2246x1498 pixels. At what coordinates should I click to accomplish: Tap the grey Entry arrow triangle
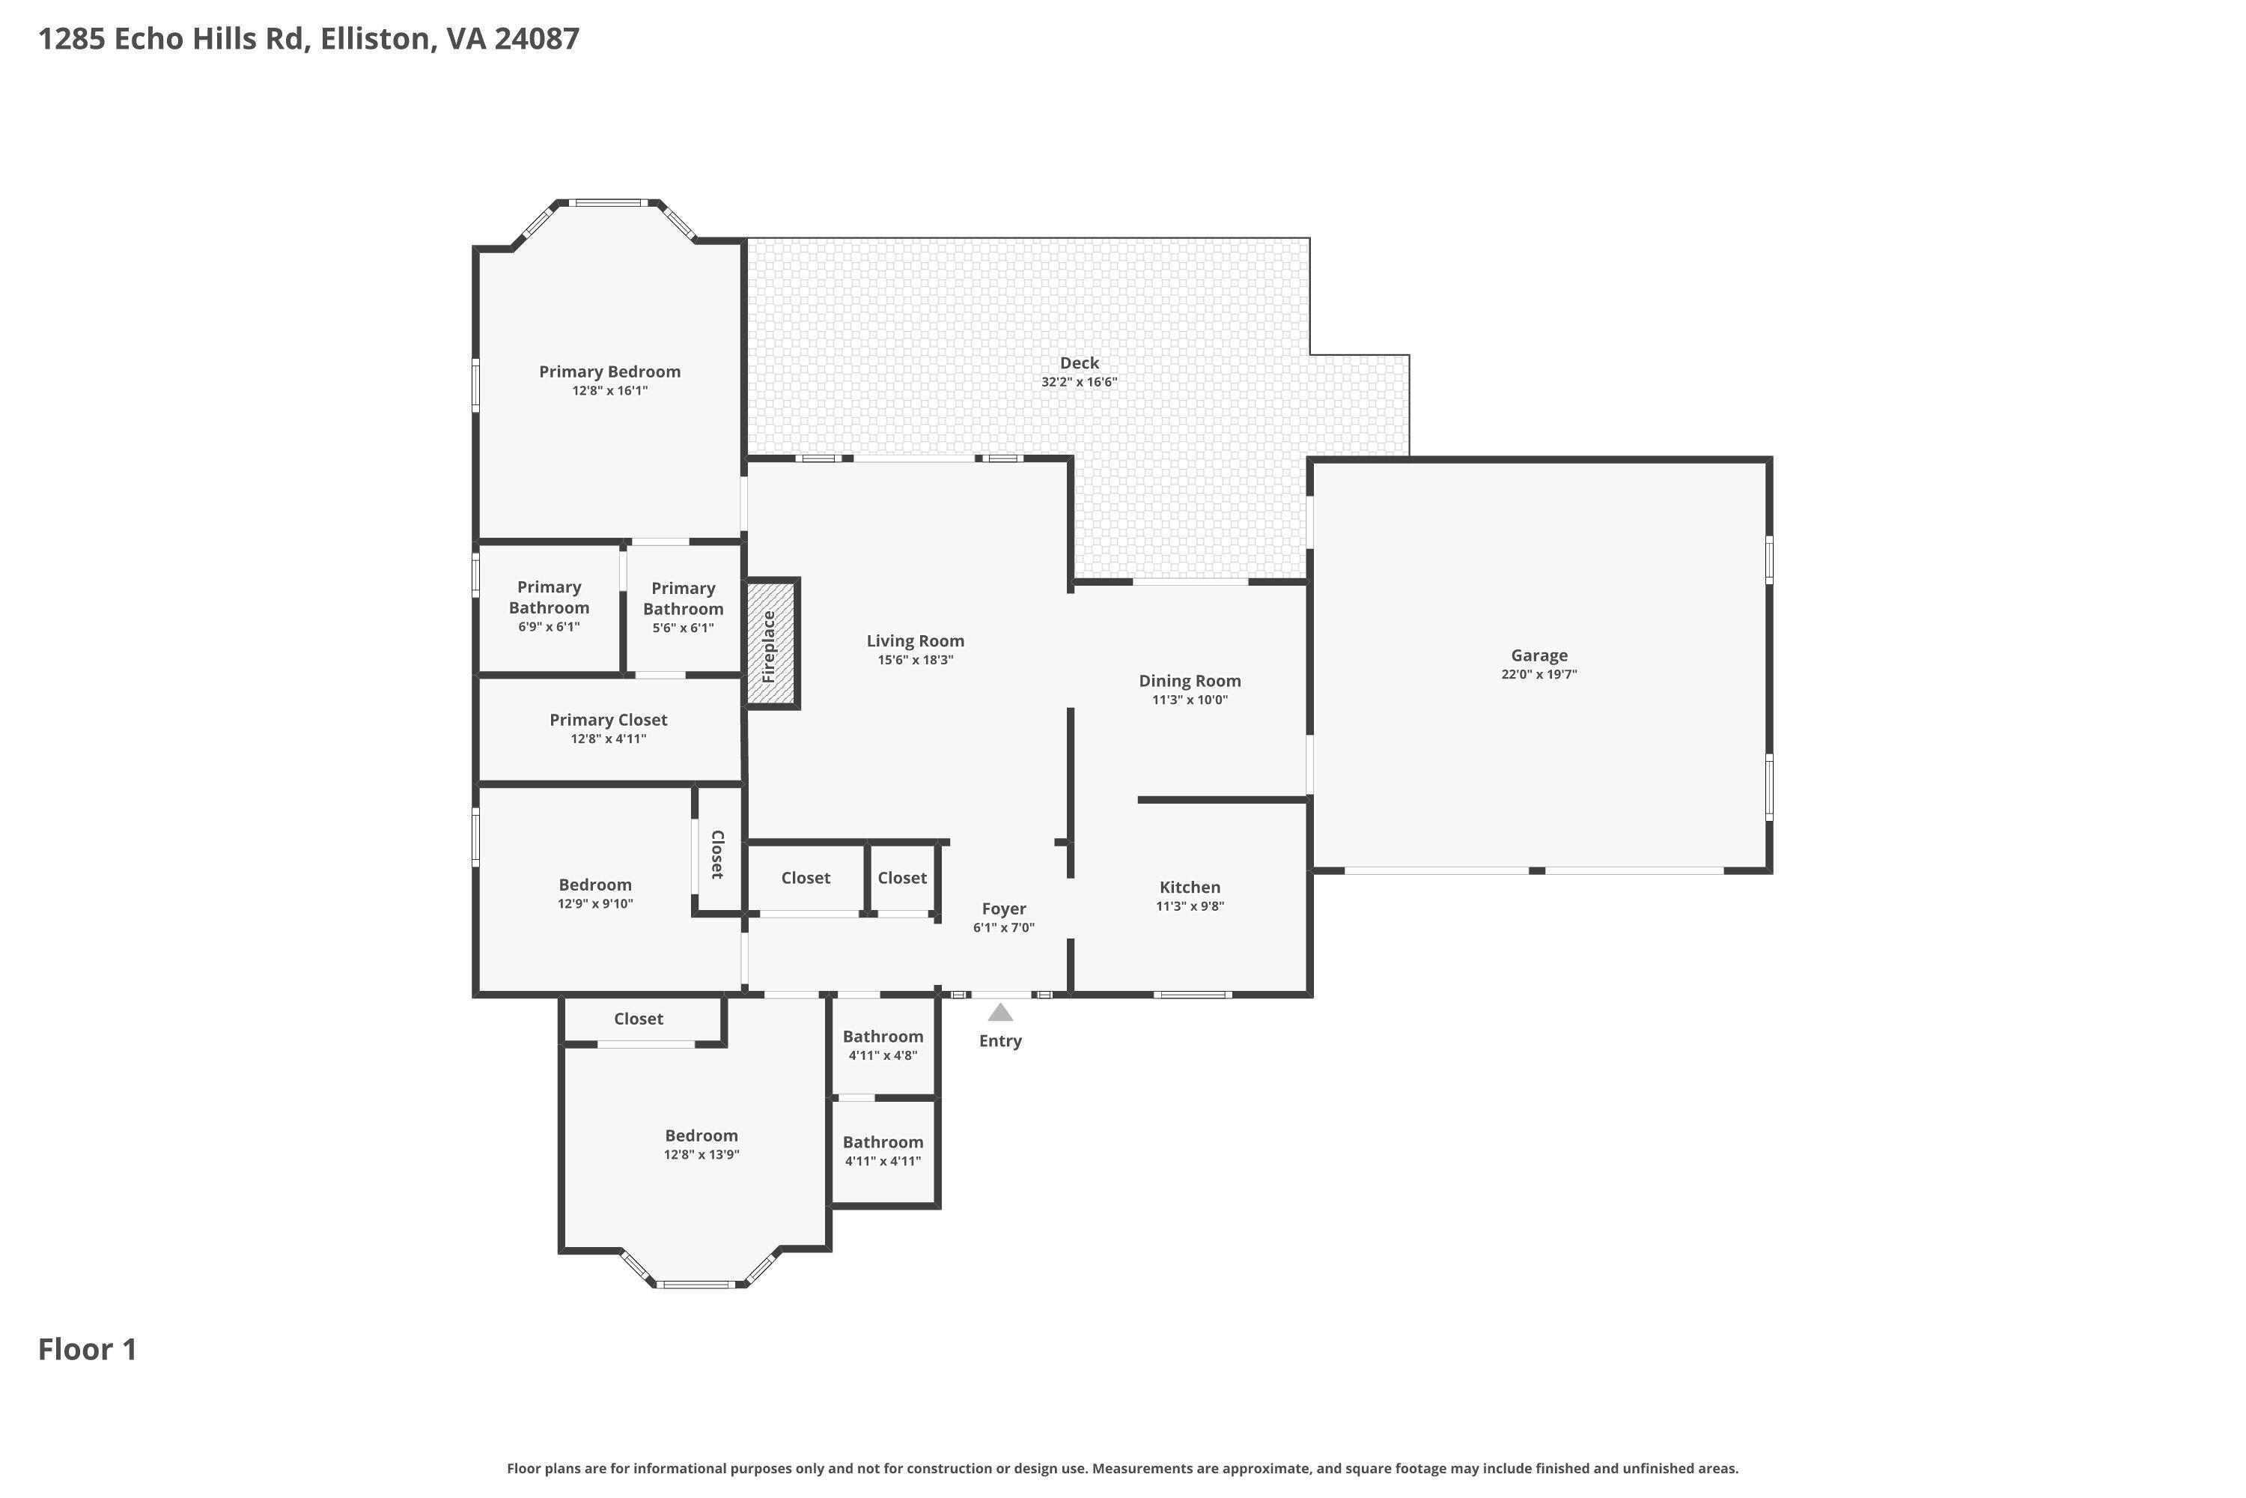point(999,1013)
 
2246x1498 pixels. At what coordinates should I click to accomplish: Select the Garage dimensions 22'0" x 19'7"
point(1539,675)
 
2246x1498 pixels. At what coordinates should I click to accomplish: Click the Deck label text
point(1079,363)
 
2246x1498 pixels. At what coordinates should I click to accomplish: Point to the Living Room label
point(915,641)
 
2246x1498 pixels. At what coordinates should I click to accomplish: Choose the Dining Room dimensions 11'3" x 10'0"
point(1189,700)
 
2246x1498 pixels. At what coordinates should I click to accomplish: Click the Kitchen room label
point(1189,888)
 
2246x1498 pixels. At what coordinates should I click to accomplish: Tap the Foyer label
point(1004,909)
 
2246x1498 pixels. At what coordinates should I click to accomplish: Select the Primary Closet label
point(608,721)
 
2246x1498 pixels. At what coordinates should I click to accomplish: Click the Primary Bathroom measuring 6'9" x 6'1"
point(548,606)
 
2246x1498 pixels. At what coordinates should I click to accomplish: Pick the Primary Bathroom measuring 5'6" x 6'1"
point(683,607)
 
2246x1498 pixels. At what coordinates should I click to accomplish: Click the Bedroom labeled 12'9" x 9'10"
point(595,894)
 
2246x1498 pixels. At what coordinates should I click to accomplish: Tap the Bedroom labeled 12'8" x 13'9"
point(701,1144)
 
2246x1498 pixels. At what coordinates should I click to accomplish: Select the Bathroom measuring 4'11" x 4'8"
point(883,1045)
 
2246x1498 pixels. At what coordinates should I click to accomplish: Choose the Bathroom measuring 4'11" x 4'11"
point(883,1150)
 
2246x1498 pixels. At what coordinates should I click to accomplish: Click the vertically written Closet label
point(717,854)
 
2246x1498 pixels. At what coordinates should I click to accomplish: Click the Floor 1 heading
point(87,1350)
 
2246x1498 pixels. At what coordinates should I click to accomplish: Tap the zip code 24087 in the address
point(536,39)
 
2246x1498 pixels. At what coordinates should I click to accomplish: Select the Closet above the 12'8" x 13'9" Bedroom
point(638,1019)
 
